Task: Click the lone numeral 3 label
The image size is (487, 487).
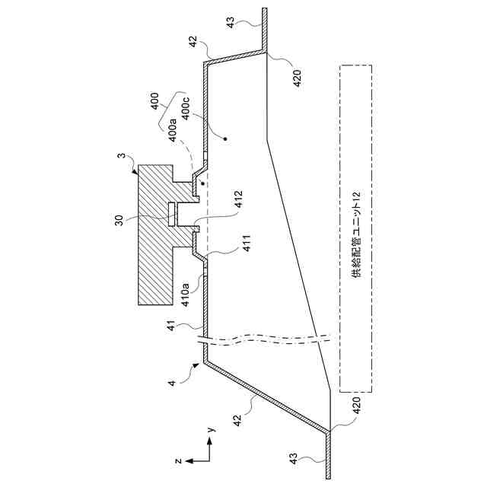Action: (x=122, y=158)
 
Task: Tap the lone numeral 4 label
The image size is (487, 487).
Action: (x=173, y=384)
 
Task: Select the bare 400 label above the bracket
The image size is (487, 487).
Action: (x=155, y=100)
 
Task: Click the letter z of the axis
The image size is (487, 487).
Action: (x=177, y=460)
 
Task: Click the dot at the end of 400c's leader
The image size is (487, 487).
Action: (x=224, y=138)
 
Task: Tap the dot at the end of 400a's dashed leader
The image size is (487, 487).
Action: (x=202, y=183)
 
